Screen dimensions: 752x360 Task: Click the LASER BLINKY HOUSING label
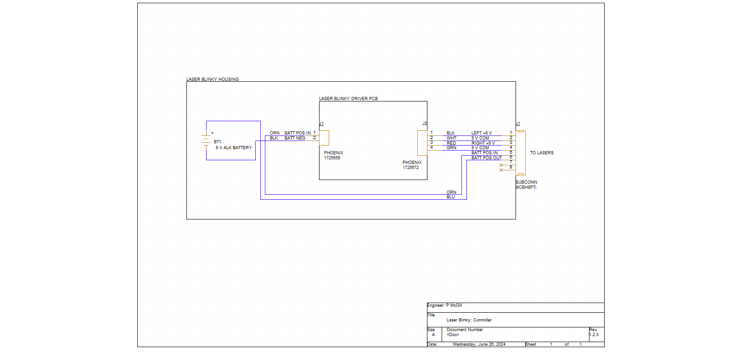(x=213, y=79)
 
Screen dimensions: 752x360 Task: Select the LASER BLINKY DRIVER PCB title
(x=348, y=99)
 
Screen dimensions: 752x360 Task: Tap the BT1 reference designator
(x=218, y=142)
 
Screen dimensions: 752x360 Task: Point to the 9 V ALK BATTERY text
(x=234, y=148)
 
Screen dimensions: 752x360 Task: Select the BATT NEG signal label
(x=295, y=138)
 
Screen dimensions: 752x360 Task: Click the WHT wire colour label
(x=452, y=138)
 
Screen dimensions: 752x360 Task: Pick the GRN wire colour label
(x=452, y=148)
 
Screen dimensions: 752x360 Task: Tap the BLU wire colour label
(x=451, y=197)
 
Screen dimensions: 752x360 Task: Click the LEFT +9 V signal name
(x=482, y=133)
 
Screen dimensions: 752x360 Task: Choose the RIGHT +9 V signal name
(x=483, y=143)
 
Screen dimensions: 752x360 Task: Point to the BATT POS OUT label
(x=487, y=158)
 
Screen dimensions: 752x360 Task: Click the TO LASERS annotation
(x=542, y=153)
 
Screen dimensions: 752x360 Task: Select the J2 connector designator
(x=425, y=124)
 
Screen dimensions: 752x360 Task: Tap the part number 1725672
(x=410, y=168)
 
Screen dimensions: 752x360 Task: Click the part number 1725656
(x=332, y=158)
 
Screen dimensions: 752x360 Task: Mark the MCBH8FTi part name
(x=526, y=187)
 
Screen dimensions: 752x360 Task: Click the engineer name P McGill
(x=454, y=305)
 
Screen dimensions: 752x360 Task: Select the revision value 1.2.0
(x=594, y=335)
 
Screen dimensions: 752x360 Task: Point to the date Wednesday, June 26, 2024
(x=479, y=344)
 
